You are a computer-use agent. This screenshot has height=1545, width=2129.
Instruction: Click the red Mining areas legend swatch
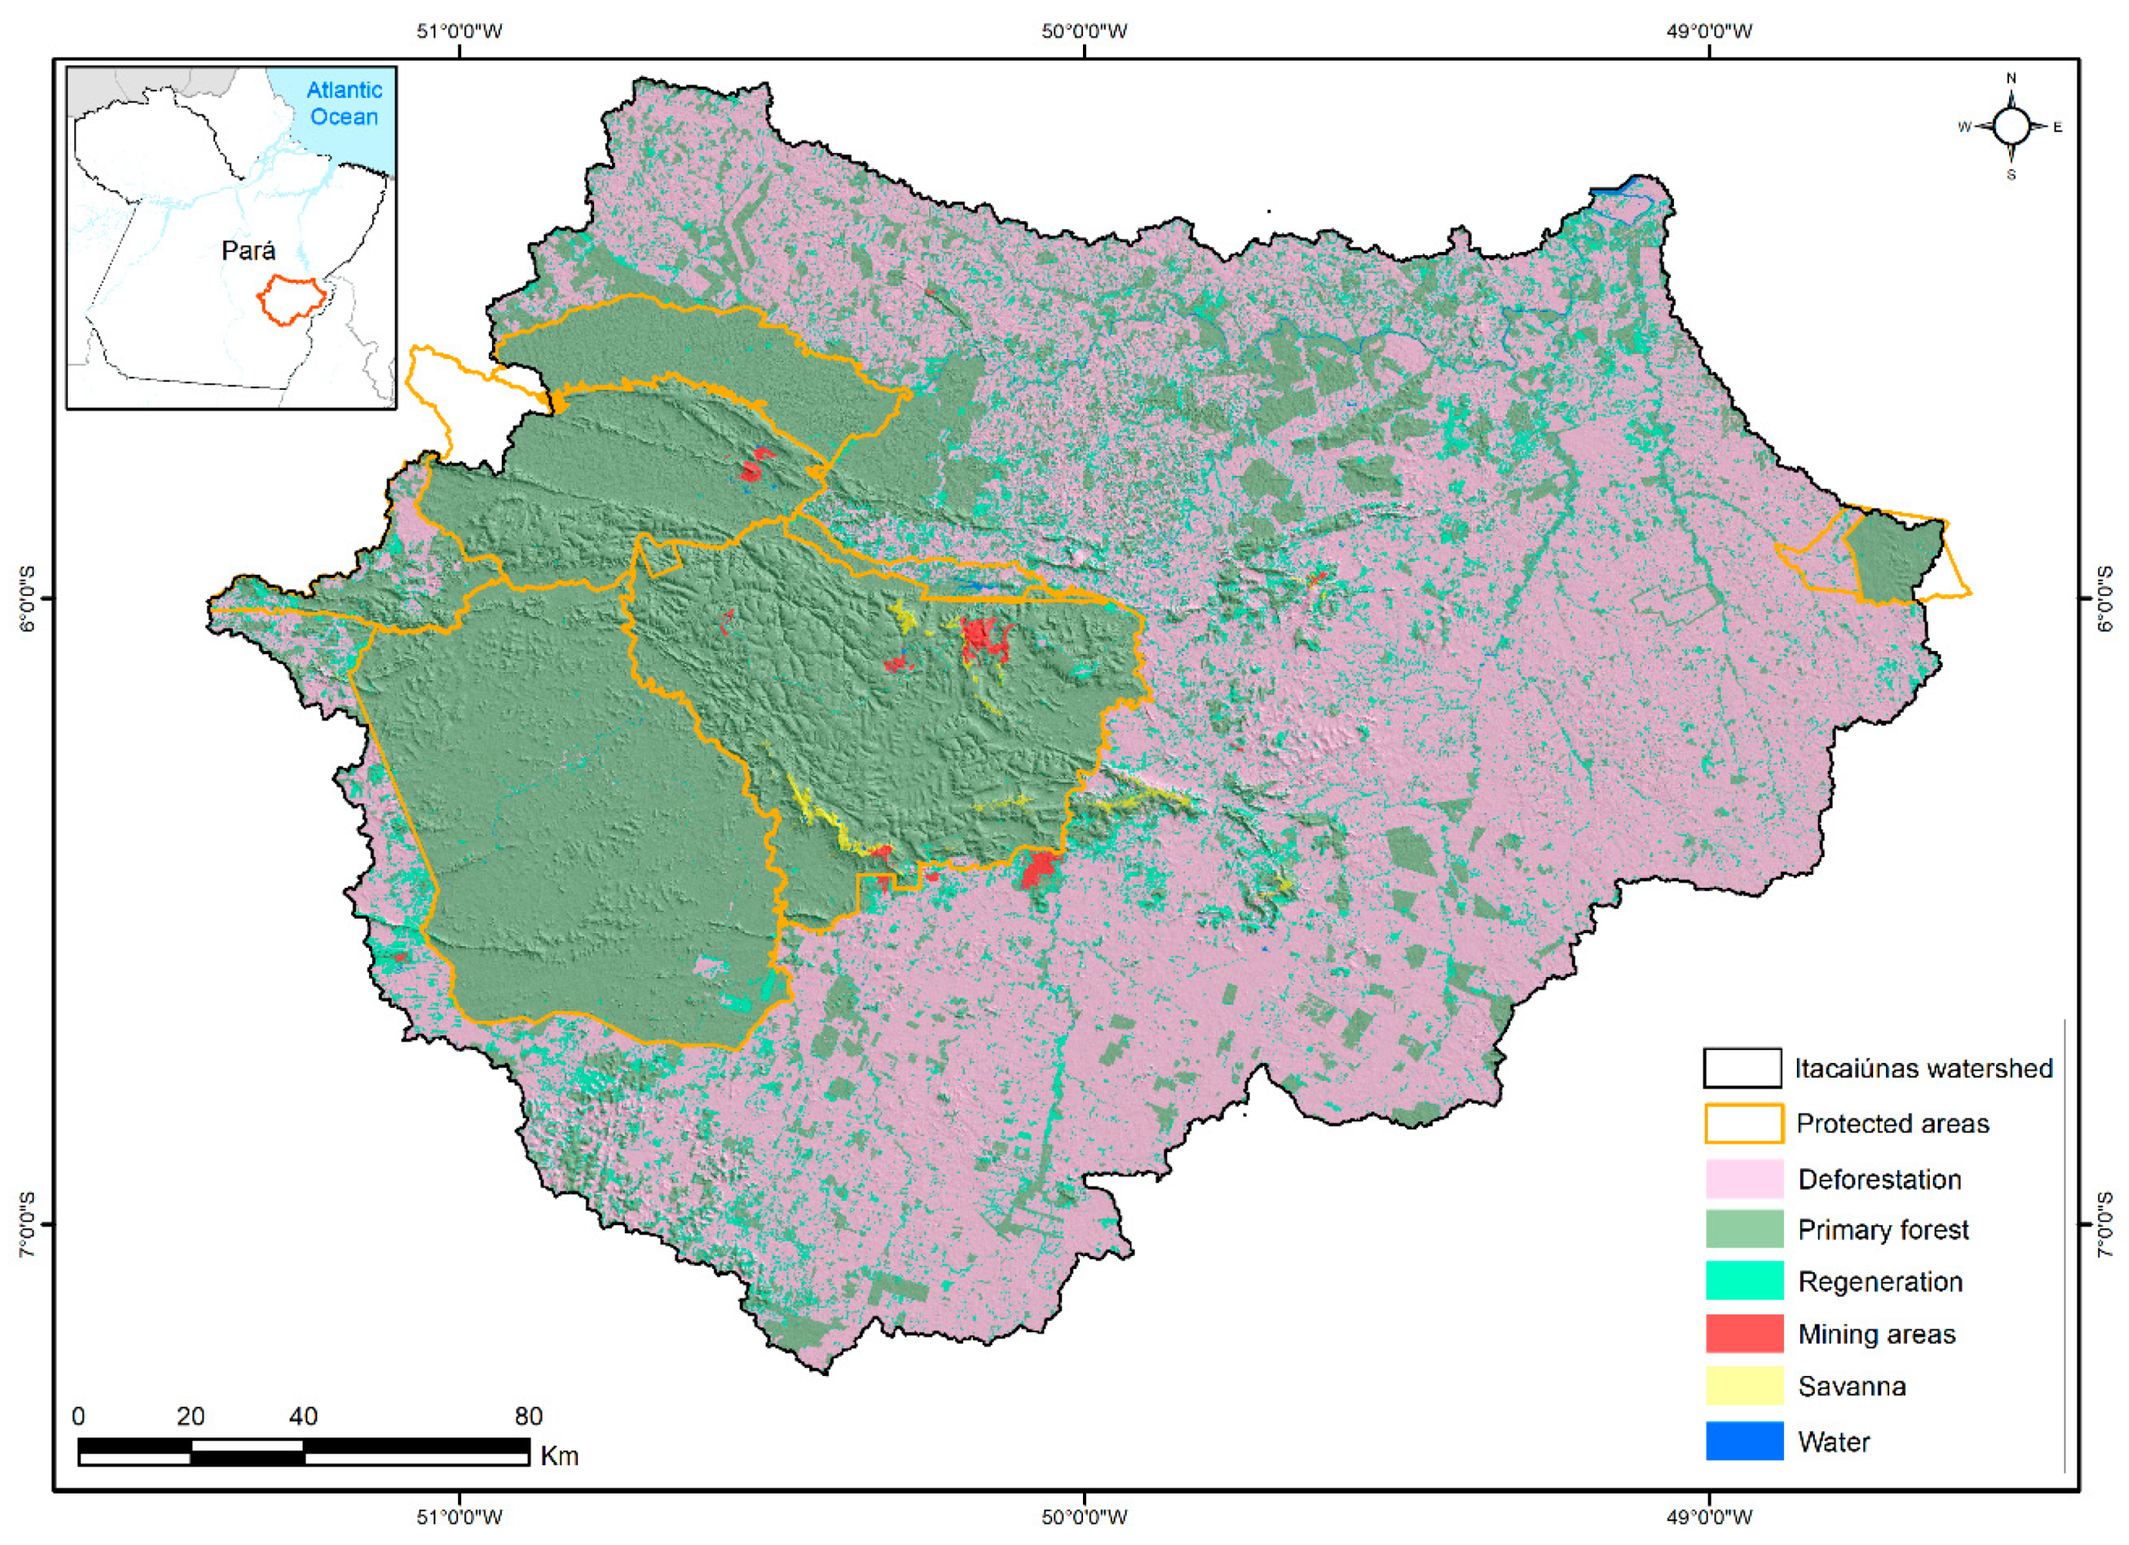1743,1334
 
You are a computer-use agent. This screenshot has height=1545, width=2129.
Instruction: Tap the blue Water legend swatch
1743,1440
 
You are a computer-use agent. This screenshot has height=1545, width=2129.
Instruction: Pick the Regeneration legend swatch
1743,1281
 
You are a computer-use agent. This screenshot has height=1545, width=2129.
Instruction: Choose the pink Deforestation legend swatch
1743,1179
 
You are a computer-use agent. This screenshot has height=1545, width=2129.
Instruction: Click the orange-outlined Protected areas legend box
1743,1124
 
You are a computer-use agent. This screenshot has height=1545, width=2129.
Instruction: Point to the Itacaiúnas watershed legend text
1922,1068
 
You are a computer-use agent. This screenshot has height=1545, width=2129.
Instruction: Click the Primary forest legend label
1882,1230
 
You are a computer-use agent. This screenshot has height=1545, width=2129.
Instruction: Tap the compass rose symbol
2011,127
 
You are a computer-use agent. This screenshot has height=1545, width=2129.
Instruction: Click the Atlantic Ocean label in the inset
344,103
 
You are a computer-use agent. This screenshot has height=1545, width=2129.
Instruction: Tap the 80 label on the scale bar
529,1415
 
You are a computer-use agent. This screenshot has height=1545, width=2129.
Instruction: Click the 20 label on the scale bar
191,1415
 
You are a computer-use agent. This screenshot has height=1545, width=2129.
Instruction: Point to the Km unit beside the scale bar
560,1456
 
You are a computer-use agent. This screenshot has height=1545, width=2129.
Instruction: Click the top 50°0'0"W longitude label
1084,31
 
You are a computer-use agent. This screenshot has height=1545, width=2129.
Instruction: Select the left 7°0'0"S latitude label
27,1225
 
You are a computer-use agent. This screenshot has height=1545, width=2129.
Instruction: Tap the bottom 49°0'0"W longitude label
1709,1516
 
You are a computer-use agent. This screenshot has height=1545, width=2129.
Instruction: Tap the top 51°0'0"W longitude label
459,31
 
